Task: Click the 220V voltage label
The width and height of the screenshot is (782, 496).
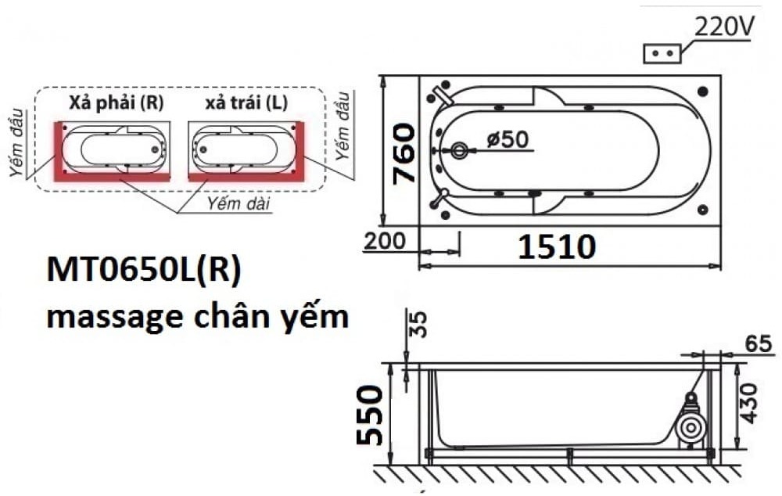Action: click(x=725, y=27)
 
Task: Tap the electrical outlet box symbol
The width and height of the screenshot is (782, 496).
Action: click(x=662, y=53)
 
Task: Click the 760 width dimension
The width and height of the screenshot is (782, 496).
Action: click(x=404, y=153)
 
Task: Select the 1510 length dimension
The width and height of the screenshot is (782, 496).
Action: click(x=557, y=247)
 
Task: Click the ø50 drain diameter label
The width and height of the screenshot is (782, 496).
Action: click(x=507, y=139)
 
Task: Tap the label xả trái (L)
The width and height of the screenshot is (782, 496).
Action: click(x=246, y=103)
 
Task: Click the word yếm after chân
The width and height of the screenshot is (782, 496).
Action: click(x=312, y=318)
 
